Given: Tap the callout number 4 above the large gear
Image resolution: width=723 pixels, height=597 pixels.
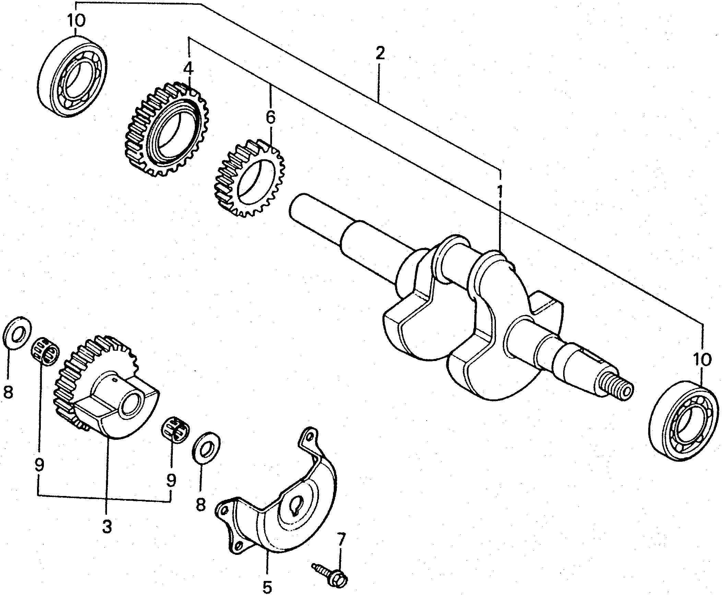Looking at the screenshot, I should pos(188,69).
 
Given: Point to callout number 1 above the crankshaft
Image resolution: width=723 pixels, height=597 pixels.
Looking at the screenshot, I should pos(500,191).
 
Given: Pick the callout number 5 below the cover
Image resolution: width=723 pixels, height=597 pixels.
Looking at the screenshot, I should pos(268,587).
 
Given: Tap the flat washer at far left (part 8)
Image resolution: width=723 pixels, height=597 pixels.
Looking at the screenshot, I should pos(16,334).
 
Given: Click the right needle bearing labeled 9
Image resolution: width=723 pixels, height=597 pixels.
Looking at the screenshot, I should pos(175,428).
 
